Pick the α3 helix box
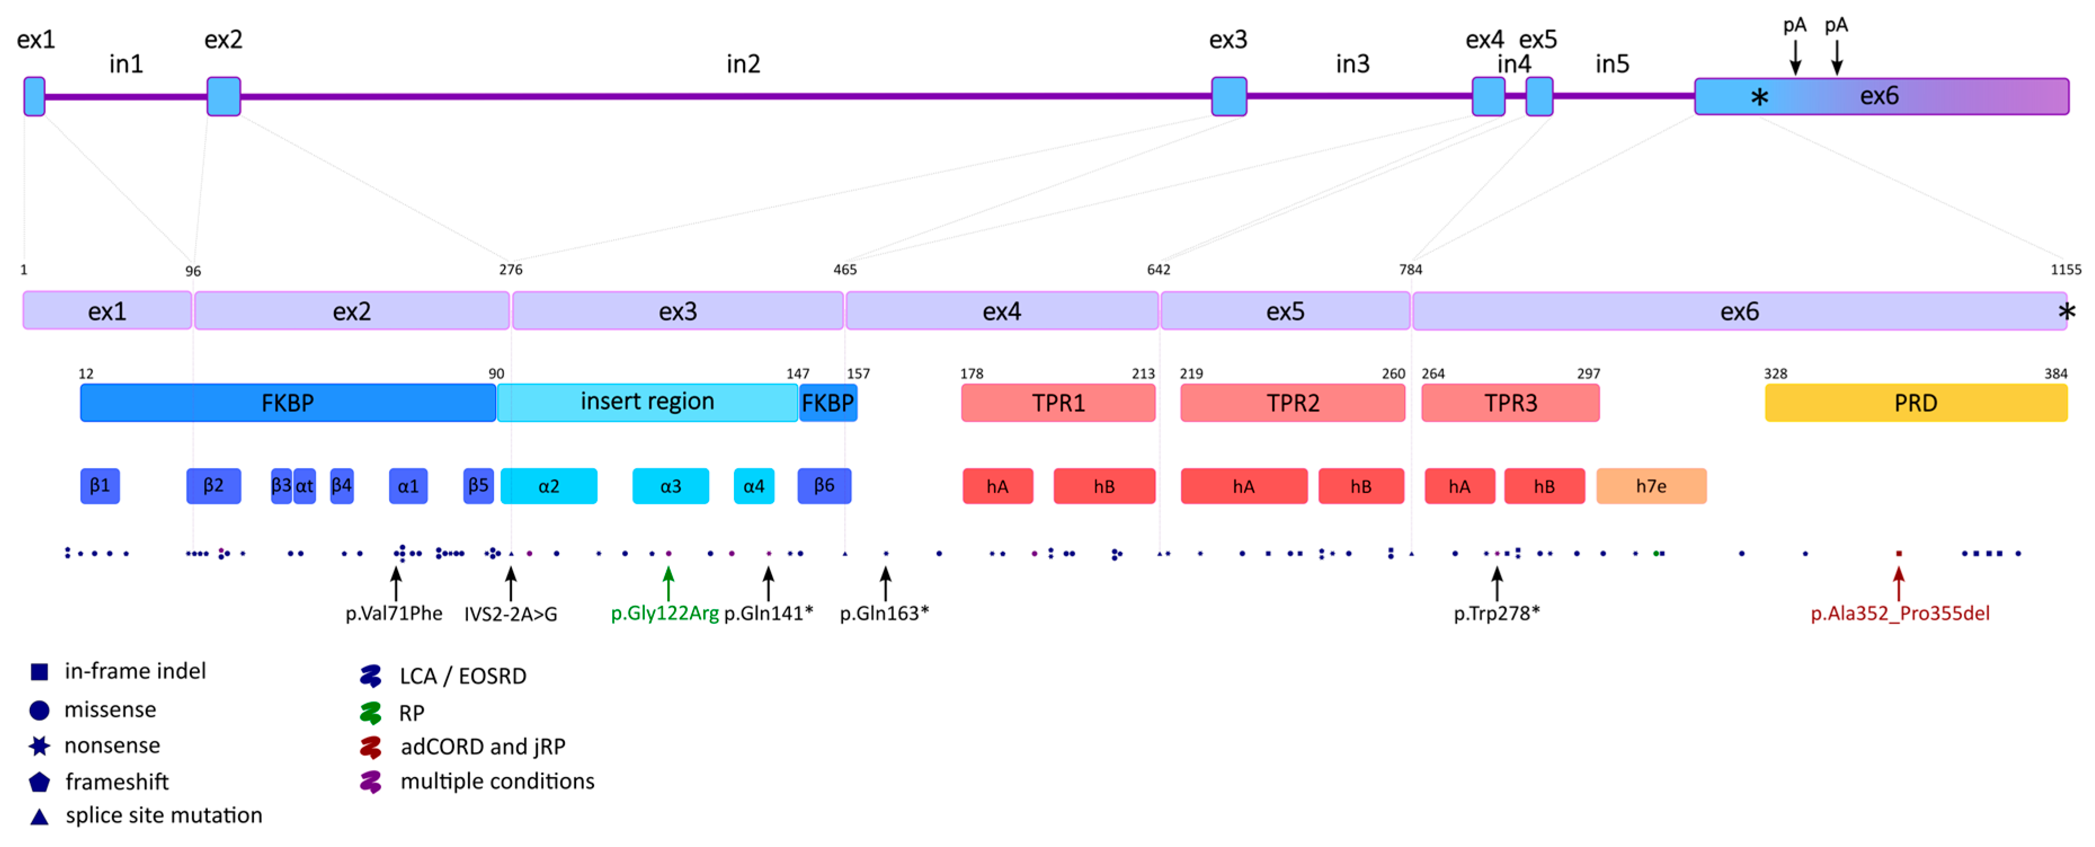pyautogui.click(x=670, y=486)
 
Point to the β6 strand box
pyautogui.click(x=824, y=486)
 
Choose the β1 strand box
pyautogui.click(x=100, y=486)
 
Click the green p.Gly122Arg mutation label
pyautogui.click(x=665, y=614)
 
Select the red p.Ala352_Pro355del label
pyautogui.click(x=1899, y=614)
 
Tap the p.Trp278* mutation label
pyautogui.click(x=1496, y=614)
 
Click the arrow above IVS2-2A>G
pyautogui.click(x=511, y=583)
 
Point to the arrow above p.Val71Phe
pyautogui.click(x=396, y=583)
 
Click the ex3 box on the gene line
pyautogui.click(x=1228, y=96)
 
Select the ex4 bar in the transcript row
pyautogui.click(x=1001, y=311)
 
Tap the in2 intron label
pyautogui.click(x=742, y=64)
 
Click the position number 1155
pyautogui.click(x=2066, y=269)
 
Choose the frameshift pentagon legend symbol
pyautogui.click(x=39, y=782)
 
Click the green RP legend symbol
pyautogui.click(x=371, y=713)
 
